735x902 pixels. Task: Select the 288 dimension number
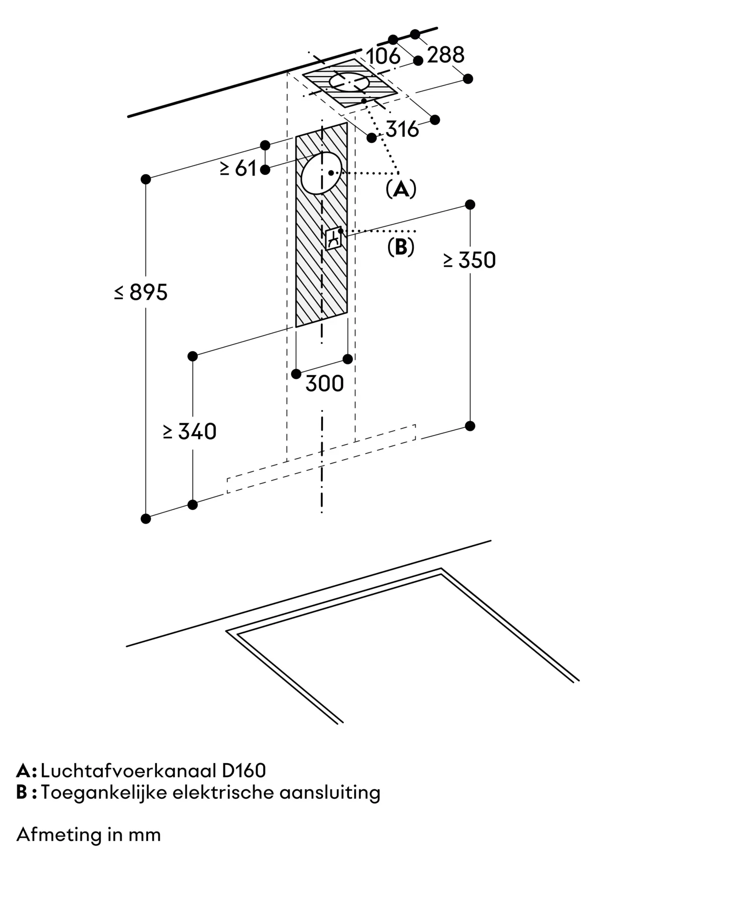point(445,55)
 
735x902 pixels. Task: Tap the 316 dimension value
point(402,130)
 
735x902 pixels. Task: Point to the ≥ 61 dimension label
point(238,169)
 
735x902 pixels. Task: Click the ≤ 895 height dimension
point(141,293)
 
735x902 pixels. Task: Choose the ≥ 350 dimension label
point(470,261)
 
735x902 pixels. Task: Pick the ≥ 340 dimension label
point(190,432)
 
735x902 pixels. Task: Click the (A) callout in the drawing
point(401,189)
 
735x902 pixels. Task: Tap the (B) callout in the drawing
point(401,247)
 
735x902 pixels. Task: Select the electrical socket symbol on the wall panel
point(333,238)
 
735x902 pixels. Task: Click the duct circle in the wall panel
point(321,173)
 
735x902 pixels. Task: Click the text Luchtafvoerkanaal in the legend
point(128,771)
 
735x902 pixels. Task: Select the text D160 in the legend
point(244,771)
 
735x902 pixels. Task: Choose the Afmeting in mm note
point(88,835)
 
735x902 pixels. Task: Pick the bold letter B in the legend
point(22,792)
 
